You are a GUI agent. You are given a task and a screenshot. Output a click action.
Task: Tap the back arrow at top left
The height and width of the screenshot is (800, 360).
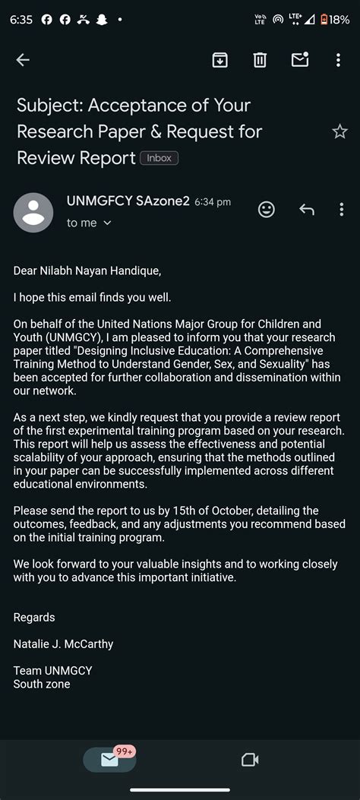coord(23,60)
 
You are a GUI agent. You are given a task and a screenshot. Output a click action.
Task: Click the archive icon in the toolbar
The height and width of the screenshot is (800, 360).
coord(219,60)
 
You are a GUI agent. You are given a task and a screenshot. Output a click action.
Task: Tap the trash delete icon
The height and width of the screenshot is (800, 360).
coord(260,60)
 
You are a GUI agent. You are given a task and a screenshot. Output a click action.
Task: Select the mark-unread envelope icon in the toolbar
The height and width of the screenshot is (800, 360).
coord(300,60)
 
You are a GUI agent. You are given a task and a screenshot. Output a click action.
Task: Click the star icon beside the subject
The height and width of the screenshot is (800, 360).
coord(339,131)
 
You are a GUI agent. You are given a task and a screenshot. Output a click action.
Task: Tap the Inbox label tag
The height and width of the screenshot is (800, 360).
coord(159,158)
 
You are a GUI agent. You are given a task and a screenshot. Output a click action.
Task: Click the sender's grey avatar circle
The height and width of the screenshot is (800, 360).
coord(33,213)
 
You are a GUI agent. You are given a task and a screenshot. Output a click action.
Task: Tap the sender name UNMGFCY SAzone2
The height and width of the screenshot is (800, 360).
coord(128,201)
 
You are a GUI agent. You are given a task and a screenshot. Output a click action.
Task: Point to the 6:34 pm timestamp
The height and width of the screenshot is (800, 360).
coord(213,202)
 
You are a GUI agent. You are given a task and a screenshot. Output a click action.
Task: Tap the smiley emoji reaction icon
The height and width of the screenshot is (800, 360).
coord(266,209)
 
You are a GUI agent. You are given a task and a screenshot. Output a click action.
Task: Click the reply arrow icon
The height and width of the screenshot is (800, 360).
coord(307,209)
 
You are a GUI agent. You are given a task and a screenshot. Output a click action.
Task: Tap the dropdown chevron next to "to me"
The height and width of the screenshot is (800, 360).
coord(107,223)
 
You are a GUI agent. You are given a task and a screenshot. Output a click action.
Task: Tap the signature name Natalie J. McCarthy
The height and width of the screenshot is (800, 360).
coord(63,644)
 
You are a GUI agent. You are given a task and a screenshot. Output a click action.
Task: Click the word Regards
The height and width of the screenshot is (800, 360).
coord(34,617)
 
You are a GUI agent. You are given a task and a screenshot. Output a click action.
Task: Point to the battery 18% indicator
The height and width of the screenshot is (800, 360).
coord(334,19)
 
